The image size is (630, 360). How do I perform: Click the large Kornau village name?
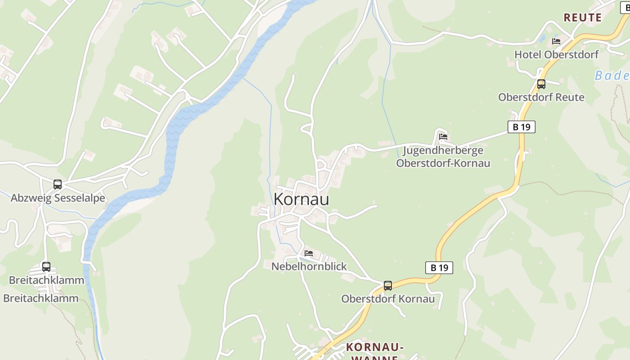coord(301,199)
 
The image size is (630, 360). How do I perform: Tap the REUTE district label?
coord(582,18)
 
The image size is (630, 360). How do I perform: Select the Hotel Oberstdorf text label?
coord(556,54)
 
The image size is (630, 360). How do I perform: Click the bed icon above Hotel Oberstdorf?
coord(556,41)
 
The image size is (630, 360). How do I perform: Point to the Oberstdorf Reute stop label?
coord(541,97)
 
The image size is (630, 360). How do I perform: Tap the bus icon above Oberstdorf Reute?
coord(541,84)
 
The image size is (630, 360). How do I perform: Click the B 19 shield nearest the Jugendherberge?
coord(522,127)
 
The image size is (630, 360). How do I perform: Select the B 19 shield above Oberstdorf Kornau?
coord(439,268)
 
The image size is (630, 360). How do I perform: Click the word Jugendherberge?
coord(443,150)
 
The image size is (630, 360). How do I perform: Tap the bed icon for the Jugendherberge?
coord(443,137)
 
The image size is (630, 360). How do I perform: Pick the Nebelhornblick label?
coord(309,266)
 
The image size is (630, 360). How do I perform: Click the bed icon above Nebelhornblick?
coord(309,253)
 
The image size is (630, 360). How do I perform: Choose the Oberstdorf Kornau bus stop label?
coord(388,299)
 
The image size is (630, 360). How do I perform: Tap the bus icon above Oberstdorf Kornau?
coord(387,285)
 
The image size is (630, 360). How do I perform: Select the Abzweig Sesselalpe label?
coord(58,198)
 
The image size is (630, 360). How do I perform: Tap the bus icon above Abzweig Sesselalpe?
coord(58,184)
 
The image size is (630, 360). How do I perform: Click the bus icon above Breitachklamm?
coord(46,267)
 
